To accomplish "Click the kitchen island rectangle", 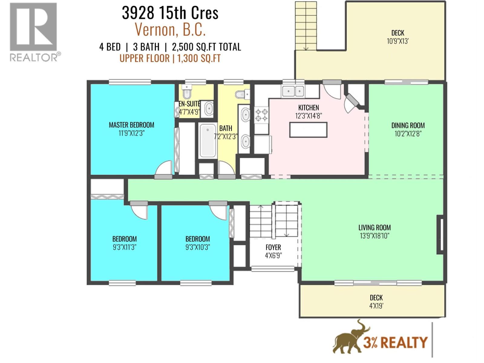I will pos(308,130).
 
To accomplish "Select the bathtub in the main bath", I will pos(208,140).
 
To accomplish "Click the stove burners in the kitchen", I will pos(262,115).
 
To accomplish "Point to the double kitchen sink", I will pos(293,90).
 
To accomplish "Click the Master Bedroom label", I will pos(131,125).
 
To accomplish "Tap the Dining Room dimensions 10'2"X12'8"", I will pos(408,134).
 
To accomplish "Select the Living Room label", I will pos(374,227).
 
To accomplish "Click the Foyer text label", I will pos(273,247).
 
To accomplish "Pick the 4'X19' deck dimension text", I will pos(376,306).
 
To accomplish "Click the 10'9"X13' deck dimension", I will pos(397,41).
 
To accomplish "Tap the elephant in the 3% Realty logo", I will pos(351,339).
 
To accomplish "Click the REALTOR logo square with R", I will pos(33,27).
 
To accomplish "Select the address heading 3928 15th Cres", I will pos(170,13).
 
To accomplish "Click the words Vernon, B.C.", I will pos(170,30).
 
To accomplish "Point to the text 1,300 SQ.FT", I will pos(199,58).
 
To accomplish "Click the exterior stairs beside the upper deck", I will pos(306,26).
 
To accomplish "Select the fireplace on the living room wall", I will pos(440,234).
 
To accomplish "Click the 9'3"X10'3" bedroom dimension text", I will pos(198,247).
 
